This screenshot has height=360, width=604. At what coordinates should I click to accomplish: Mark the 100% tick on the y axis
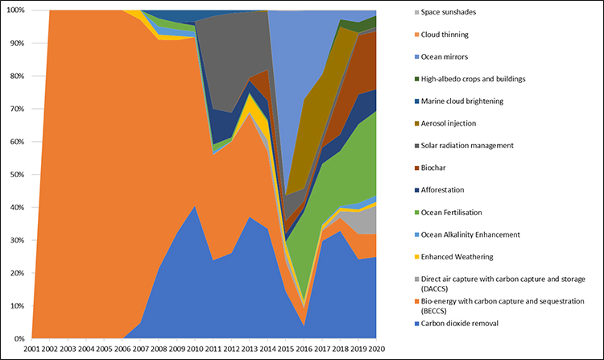tap(15, 10)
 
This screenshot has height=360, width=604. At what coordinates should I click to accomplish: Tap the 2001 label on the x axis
tap(32, 350)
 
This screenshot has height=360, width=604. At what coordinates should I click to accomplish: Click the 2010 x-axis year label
tap(192, 350)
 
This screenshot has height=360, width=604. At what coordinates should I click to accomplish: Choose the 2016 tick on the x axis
tap(300, 350)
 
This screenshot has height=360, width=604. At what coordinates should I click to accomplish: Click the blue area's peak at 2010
tap(193, 206)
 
